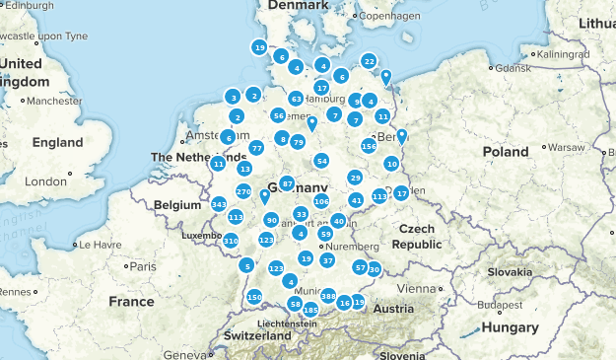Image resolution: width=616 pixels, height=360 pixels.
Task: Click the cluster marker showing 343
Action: click(219, 204)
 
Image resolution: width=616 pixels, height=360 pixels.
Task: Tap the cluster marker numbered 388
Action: click(328, 296)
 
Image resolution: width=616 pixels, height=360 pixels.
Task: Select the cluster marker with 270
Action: click(243, 191)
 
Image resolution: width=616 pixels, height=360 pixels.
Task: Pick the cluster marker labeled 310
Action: click(231, 241)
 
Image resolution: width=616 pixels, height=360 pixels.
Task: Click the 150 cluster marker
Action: click(254, 297)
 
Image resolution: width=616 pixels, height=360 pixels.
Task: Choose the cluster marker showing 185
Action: click(310, 311)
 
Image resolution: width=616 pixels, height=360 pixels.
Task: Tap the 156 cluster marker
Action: click(369, 146)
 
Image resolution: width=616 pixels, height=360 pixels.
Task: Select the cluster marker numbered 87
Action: click(287, 184)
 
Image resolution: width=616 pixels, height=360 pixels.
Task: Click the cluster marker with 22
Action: click(369, 61)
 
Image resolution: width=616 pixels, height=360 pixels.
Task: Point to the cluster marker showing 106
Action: click(321, 201)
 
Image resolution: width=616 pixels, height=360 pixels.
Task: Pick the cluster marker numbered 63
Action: click(296, 99)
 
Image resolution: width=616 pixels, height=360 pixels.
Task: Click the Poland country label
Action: click(505, 151)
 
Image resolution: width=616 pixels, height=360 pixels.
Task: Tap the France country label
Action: click(132, 301)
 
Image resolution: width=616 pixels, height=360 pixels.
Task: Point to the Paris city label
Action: click(144, 266)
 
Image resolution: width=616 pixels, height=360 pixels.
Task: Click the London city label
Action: click(45, 181)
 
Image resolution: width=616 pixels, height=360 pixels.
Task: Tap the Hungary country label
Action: click(511, 327)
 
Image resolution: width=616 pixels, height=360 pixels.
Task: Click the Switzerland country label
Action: click(258, 335)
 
